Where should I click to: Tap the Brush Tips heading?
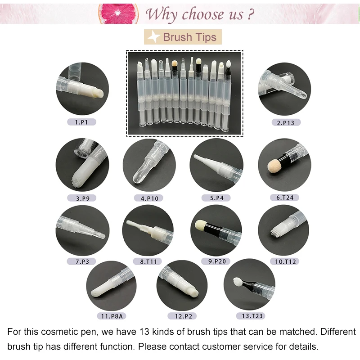click(189, 37)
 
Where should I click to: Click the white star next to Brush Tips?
click(154, 37)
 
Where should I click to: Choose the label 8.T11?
click(147, 261)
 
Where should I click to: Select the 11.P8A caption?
click(113, 316)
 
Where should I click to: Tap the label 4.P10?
click(148, 198)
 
